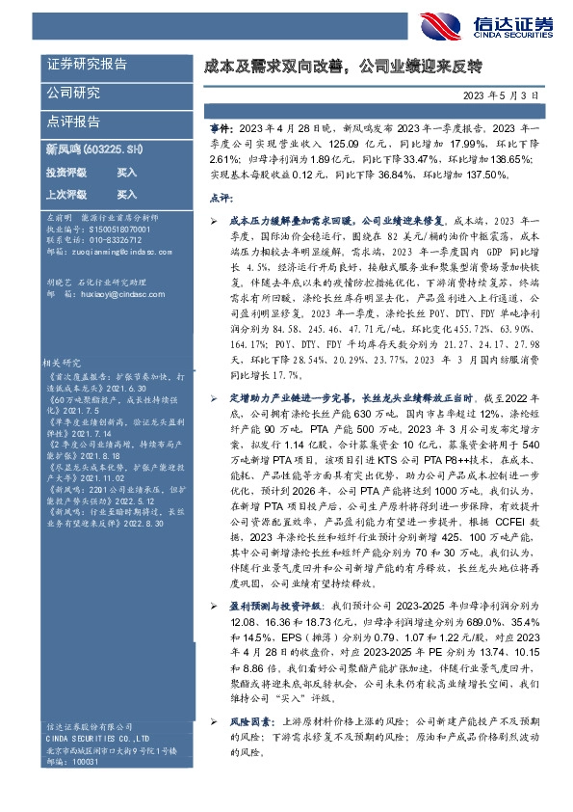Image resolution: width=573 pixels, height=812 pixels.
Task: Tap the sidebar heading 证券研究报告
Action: point(87,65)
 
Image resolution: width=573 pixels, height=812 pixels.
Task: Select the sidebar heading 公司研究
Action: point(73,94)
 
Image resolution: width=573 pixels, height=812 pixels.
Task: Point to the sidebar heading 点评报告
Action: point(73,122)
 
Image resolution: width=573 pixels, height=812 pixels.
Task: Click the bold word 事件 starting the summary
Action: point(221,127)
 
